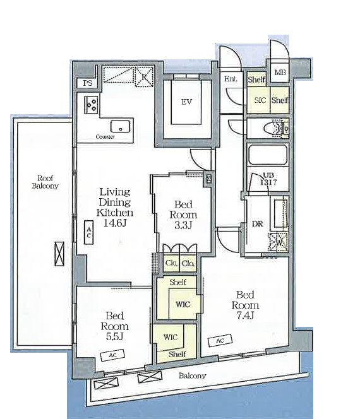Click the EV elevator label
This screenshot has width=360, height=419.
186,102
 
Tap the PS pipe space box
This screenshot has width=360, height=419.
87,83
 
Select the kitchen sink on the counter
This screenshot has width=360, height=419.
121,126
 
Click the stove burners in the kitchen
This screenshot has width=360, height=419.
91,105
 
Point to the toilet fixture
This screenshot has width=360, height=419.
276,129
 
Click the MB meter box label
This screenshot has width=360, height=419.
280,73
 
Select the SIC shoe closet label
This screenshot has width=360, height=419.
260,100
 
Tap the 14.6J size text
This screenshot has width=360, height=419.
115,223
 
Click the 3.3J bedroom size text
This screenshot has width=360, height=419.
183,225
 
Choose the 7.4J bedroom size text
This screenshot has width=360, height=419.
245,316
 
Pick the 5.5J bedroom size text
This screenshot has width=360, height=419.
114,337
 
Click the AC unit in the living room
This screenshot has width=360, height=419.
89,232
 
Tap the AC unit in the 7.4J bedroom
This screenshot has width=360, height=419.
220,340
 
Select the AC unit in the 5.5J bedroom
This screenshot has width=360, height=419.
112,355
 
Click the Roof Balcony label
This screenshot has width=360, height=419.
45,182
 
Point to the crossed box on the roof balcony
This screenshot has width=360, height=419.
59,254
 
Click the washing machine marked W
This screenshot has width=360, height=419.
279,242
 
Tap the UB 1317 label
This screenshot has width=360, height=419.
268,179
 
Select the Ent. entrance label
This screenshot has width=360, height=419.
231,79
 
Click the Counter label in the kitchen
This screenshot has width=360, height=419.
105,137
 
